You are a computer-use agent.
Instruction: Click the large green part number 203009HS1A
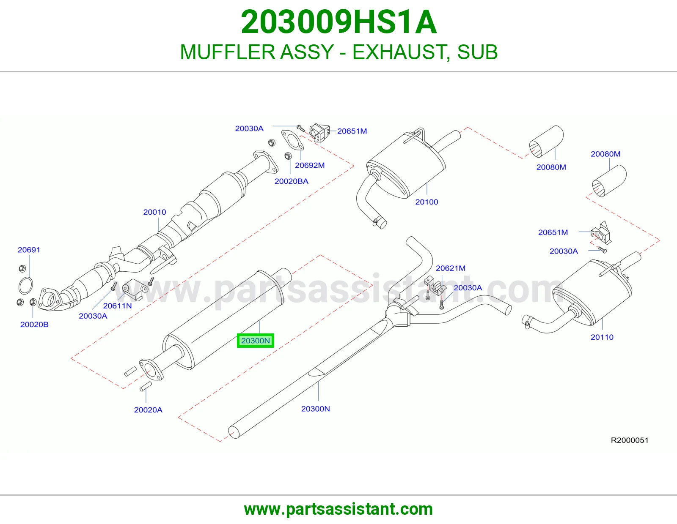[338, 22]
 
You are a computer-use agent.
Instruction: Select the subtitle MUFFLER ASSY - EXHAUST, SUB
[338, 52]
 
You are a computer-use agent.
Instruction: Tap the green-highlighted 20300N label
[256, 341]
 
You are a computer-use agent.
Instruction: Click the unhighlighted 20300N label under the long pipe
[315, 409]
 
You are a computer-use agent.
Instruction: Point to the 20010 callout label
[154, 212]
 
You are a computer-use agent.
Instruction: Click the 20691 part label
[29, 250]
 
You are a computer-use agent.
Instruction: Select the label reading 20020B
[34, 325]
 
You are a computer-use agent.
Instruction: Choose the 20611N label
[118, 306]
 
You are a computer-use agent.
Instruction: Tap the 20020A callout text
[148, 410]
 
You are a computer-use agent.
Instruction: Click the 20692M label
[310, 166]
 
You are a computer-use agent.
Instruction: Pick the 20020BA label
[291, 181]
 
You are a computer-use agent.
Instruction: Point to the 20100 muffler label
[427, 202]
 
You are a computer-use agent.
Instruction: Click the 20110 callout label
[602, 337]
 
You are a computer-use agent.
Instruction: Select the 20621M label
[451, 268]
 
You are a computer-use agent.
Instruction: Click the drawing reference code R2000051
[630, 440]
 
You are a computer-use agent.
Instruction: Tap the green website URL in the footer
[338, 509]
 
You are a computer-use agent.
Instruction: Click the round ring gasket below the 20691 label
[25, 286]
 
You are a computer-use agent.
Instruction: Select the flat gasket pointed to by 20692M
[292, 140]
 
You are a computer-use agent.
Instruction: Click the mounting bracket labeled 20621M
[435, 286]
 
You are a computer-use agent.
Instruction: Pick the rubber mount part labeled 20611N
[135, 289]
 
